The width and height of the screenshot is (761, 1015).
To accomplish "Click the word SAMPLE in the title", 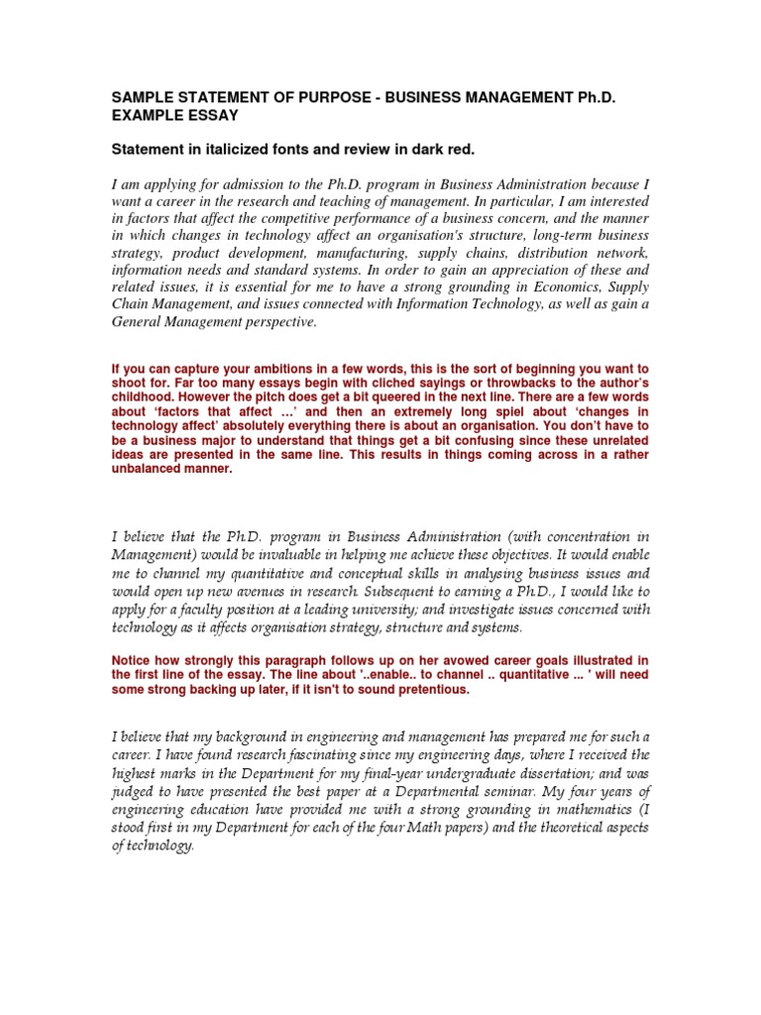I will coord(140,99).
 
